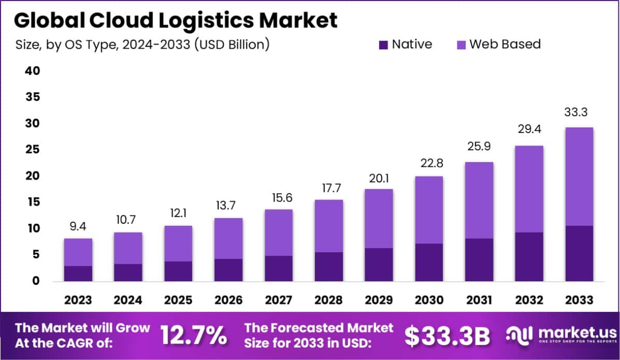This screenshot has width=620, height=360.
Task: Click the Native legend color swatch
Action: click(383, 45)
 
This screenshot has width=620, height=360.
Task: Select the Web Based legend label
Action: click(505, 44)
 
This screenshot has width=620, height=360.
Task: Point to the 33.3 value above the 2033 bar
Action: click(579, 112)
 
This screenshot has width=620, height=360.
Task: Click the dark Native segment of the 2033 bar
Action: click(579, 253)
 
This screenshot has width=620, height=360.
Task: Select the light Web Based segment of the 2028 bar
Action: click(328, 226)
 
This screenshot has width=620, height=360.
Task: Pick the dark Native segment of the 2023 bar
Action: click(78, 273)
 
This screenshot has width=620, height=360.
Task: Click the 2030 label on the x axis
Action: click(429, 300)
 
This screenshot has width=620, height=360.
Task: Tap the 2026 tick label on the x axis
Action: click(228, 300)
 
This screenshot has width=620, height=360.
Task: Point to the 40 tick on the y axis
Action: click(32, 70)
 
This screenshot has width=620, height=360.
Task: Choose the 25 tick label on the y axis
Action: click(32, 150)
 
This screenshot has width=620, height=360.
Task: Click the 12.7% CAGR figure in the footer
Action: click(193, 336)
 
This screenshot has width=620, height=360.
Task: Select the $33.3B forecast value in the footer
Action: click(447, 336)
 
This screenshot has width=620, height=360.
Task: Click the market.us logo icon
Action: click(519, 335)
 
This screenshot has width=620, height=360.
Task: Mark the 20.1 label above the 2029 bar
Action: click(379, 178)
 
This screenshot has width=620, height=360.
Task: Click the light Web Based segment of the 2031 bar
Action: click(479, 200)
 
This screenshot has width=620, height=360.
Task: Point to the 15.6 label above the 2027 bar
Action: click(279, 198)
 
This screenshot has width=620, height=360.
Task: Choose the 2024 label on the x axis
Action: click(128, 300)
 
